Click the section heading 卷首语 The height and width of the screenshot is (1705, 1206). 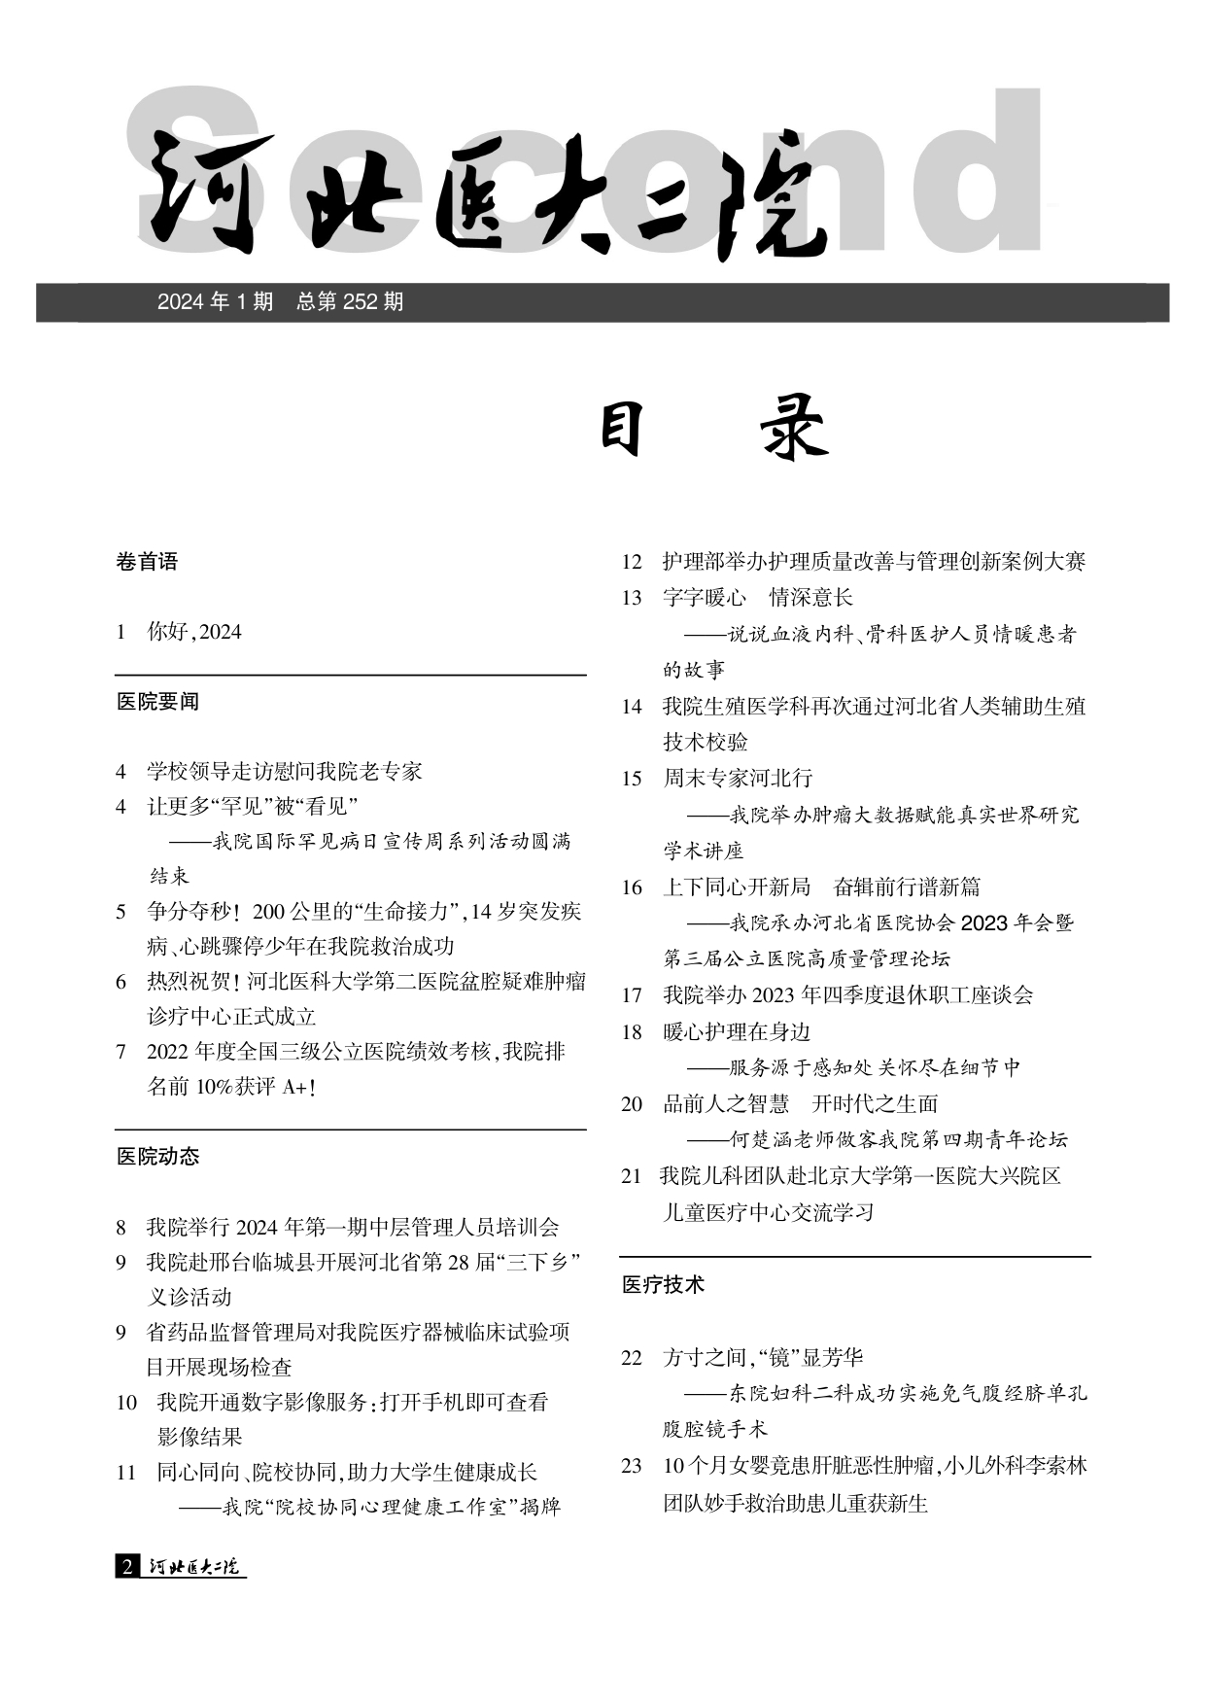coord(147,562)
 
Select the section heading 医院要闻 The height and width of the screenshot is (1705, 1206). coord(157,702)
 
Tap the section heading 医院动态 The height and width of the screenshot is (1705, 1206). coord(157,1157)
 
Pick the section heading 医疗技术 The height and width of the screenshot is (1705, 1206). coord(663,1285)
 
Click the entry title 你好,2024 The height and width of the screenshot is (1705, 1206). coord(194,632)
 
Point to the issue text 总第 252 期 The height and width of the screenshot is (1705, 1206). coord(350,302)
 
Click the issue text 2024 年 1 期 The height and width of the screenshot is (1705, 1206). coord(215,302)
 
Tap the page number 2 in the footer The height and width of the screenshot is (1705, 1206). coord(126,1566)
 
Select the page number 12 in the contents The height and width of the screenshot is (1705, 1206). coord(632,562)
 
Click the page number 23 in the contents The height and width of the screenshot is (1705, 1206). coord(632,1466)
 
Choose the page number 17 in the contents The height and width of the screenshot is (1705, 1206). coord(632,995)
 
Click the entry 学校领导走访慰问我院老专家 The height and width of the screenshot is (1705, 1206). coord(285,772)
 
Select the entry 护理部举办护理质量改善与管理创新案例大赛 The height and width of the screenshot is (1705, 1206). coord(874,562)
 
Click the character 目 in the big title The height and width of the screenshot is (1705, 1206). coord(621,431)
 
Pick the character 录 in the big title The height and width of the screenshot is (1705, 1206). coord(793,431)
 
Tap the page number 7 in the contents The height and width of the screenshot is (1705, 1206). coord(121,1053)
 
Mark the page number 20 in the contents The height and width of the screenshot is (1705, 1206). coord(632,1104)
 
